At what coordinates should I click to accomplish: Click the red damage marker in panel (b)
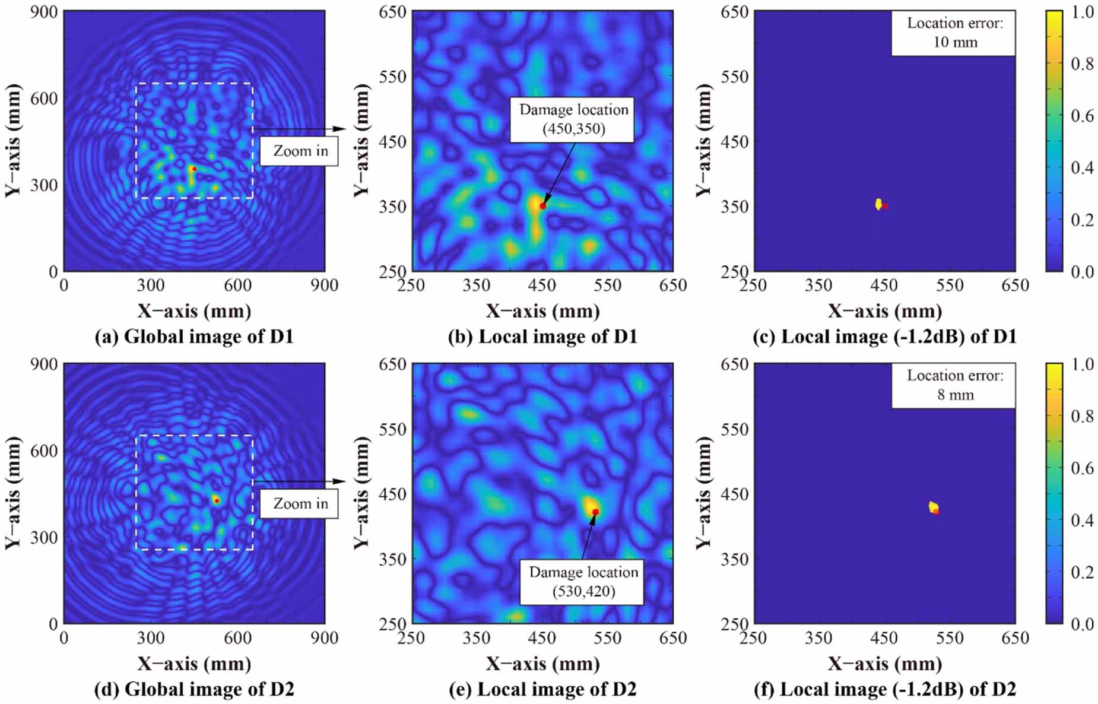click(542, 206)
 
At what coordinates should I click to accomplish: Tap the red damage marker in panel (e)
click(595, 512)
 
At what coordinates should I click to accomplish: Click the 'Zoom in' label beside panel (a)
click(300, 151)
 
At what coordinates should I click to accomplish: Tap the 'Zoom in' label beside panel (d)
click(300, 503)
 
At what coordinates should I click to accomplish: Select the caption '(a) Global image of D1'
click(194, 337)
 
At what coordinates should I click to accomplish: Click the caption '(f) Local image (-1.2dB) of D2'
click(884, 689)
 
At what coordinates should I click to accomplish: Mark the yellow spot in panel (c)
click(878, 204)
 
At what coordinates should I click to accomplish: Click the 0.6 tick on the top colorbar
click(1082, 116)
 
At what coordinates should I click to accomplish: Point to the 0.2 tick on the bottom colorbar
click(1082, 572)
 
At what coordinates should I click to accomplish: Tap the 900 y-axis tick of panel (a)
click(45, 12)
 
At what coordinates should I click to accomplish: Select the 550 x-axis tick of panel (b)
click(607, 286)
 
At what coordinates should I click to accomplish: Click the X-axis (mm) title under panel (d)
click(194, 663)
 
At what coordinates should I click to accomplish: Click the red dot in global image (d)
click(217, 500)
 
